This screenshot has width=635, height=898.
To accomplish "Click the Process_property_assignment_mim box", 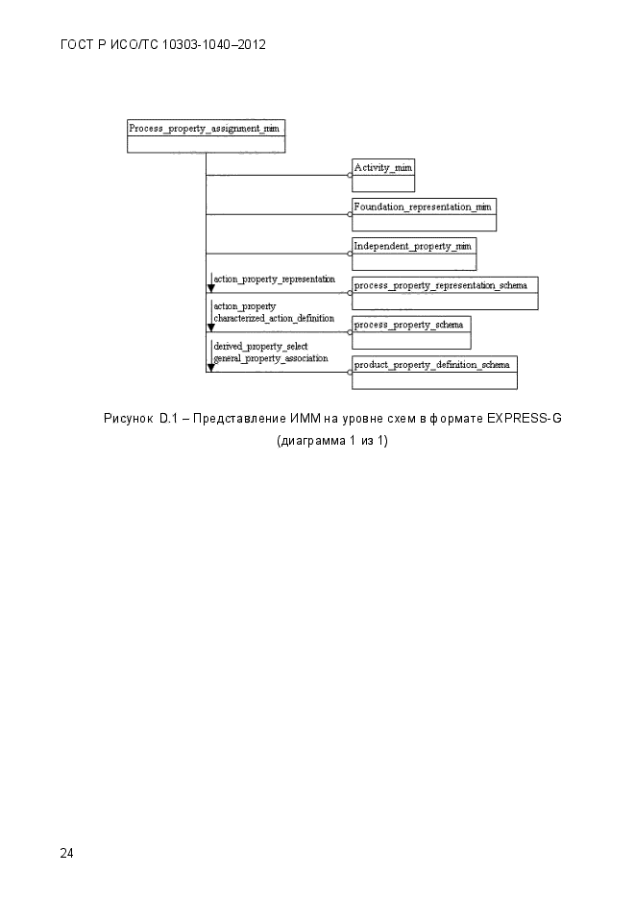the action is tap(207, 136).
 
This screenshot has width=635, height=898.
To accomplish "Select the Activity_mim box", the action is tap(383, 175).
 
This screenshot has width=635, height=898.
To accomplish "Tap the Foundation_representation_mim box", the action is tap(424, 215).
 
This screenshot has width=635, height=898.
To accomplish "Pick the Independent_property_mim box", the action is tap(414, 254).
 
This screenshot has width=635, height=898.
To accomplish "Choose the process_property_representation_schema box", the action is tap(445, 293).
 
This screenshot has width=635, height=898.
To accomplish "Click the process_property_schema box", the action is tap(411, 332).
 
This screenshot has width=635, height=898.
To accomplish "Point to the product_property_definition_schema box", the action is tap(434, 373).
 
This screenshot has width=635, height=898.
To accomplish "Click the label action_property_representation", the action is tap(274, 279).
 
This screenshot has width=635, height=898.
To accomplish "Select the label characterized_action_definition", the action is tap(274, 319).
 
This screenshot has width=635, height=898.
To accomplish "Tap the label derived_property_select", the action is tap(260, 347).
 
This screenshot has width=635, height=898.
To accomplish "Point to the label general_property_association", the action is tap(271, 358).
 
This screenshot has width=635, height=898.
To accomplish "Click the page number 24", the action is tap(66, 853).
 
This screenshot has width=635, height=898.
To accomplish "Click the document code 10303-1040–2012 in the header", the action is tap(214, 45).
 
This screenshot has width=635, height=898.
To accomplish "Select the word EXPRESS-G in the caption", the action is tap(524, 419).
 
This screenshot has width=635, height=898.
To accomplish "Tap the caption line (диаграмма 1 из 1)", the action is tap(332, 441).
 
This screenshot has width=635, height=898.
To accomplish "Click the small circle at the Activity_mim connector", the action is tap(350, 175).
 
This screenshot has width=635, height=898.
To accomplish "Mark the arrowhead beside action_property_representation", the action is tap(210, 288).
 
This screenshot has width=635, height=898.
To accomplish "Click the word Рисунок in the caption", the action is tap(129, 419).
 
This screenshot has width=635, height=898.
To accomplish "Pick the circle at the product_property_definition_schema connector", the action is tap(350, 373).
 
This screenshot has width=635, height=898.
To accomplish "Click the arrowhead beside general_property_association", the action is tap(210, 368).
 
